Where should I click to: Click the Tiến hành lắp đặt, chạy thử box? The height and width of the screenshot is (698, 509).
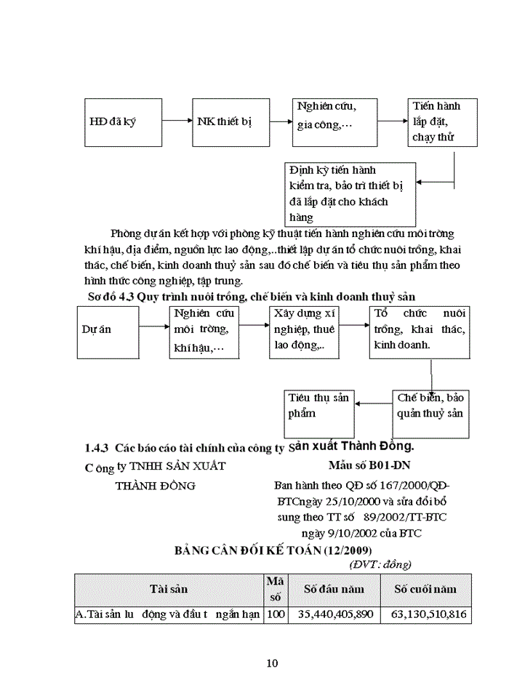435,121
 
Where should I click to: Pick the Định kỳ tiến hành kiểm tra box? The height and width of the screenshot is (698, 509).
350,193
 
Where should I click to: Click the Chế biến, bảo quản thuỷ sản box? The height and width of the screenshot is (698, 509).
430,413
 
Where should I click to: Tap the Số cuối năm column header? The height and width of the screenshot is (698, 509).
425,589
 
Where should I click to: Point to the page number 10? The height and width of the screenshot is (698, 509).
272,662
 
